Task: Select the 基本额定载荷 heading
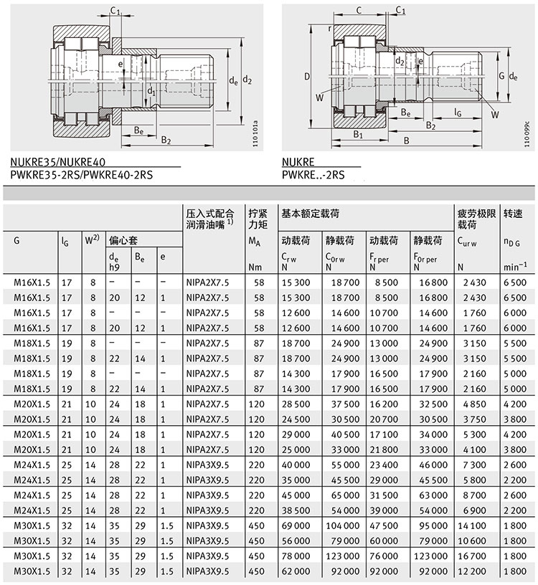310,214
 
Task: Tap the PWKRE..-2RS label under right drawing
313,173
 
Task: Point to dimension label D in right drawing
306,76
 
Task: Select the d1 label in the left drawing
150,91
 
